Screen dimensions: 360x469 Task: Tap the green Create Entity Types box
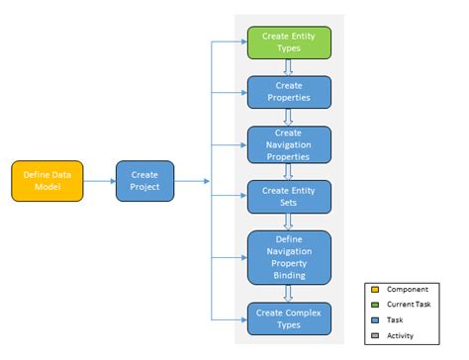289,43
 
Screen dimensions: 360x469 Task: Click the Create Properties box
289,92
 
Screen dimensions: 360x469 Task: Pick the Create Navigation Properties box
289,143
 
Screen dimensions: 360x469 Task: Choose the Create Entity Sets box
289,195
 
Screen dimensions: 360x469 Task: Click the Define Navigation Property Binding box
289,257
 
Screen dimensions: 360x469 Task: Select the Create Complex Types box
289,318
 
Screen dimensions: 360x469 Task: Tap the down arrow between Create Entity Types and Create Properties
289,67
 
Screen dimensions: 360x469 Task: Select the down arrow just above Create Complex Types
289,294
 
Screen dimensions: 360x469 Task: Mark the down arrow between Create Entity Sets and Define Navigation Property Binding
289,222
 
